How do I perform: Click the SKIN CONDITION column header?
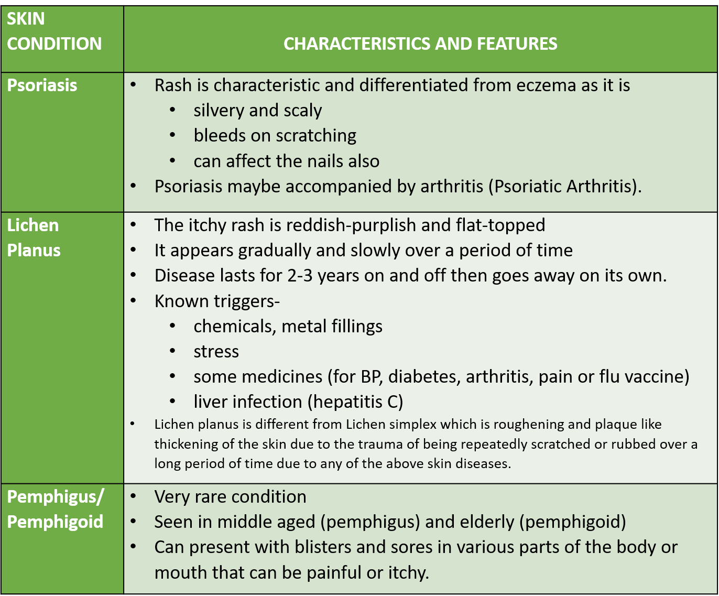point(54,31)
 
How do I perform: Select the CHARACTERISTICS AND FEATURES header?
point(420,44)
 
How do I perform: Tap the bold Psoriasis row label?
point(42,85)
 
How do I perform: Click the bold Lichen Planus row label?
point(34,237)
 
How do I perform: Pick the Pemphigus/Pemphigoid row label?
point(55,509)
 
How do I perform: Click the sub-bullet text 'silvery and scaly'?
point(257,110)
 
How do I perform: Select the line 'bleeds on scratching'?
point(275,135)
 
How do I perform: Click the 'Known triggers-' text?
point(217,301)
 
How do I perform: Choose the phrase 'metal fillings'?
point(332,326)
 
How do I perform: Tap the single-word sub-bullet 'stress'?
point(216,351)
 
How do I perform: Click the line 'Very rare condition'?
point(230,496)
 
